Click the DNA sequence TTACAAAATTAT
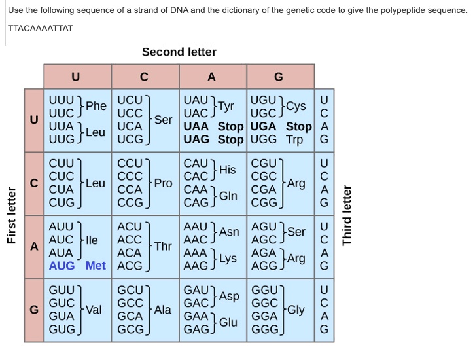click(x=41, y=28)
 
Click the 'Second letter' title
click(x=179, y=52)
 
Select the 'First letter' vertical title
click(x=11, y=216)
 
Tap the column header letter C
click(x=145, y=77)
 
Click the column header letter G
click(x=279, y=77)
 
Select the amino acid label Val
click(x=94, y=310)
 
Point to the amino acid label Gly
click(x=295, y=310)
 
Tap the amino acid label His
click(x=227, y=170)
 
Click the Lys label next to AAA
click(x=227, y=259)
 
